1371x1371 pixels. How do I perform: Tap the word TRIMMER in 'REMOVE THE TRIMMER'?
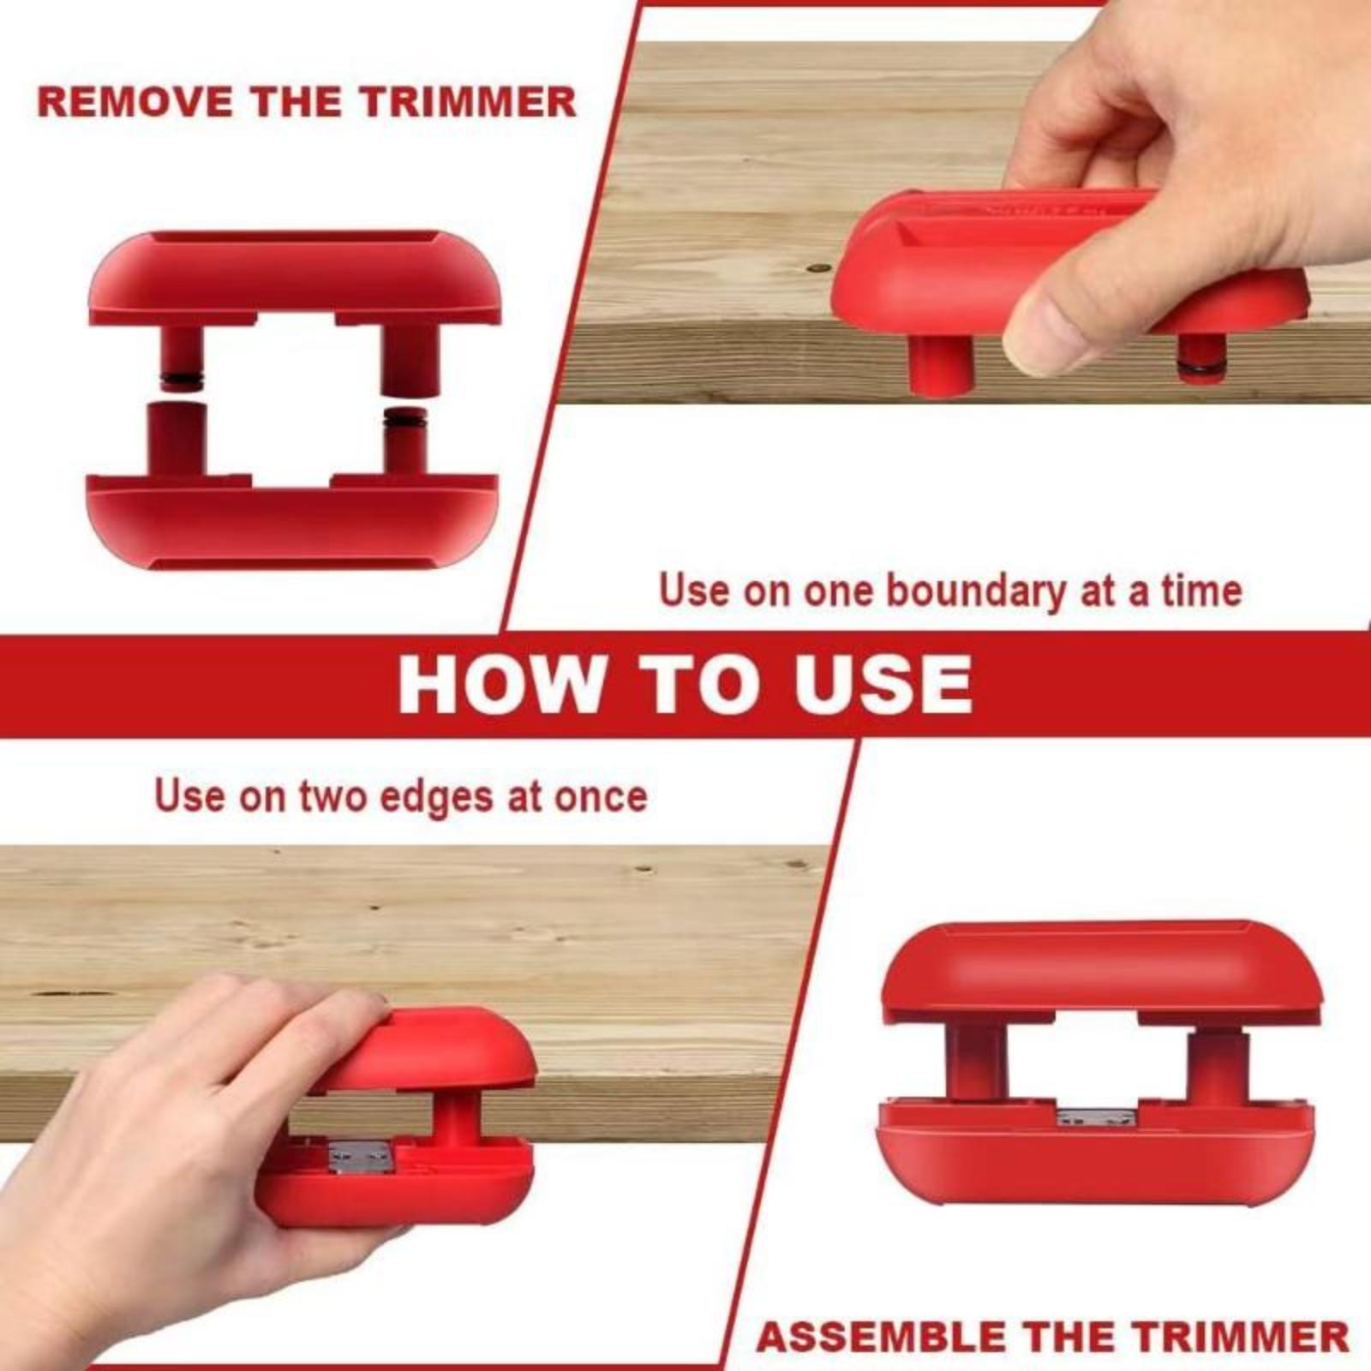(x=467, y=102)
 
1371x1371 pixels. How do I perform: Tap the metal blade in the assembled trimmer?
(x=1096, y=1117)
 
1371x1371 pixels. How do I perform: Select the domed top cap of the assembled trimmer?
(x=1100, y=968)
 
